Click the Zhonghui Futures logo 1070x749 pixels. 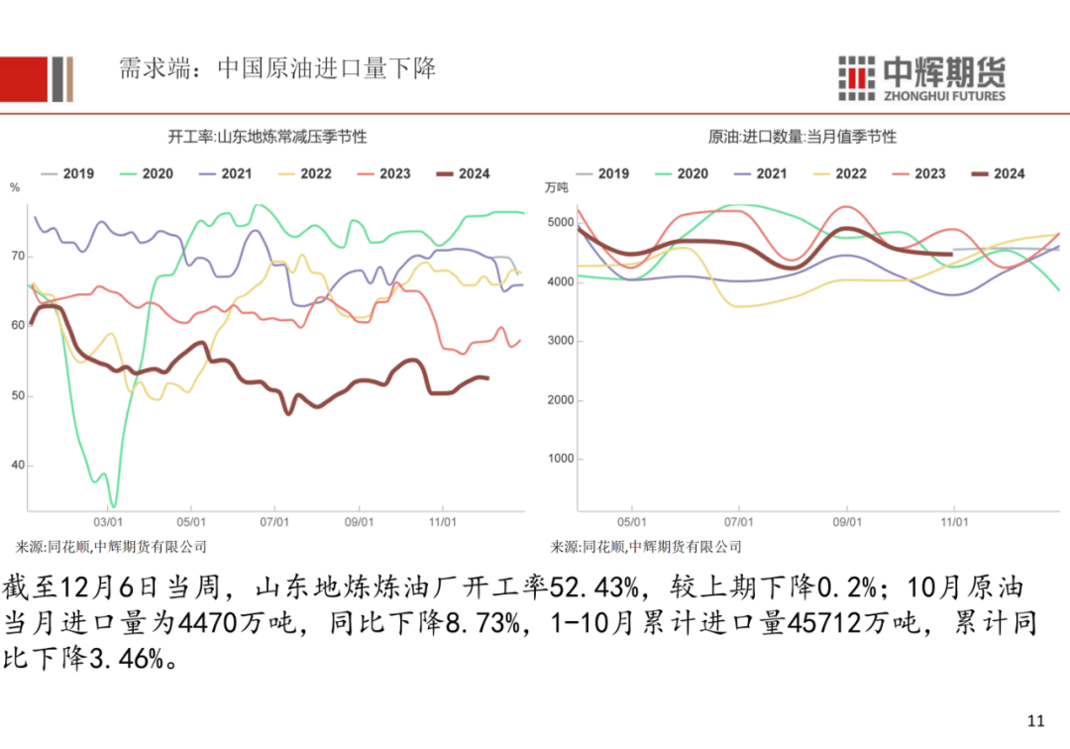tap(920, 77)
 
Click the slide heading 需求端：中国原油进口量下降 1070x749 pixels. tap(276, 69)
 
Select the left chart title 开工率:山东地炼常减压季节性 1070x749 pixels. tap(267, 137)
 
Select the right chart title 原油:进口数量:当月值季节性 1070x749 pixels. tap(802, 137)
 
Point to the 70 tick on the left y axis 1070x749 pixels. tap(17, 257)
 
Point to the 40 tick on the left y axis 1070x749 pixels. tap(17, 466)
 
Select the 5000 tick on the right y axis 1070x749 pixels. tap(560, 223)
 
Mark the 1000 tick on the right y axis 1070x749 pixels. tap(560, 459)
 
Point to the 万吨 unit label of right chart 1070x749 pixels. tap(557, 187)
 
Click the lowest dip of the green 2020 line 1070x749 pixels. tap(113, 506)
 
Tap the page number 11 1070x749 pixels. tap(1037, 720)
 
